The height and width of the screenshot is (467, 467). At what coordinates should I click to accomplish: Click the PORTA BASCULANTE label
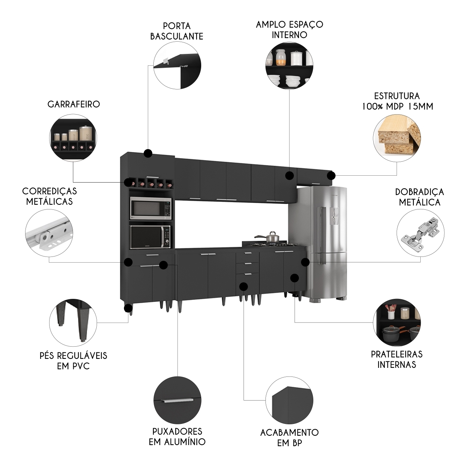coord(176,31)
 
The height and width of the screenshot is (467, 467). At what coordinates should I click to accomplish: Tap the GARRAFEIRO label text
coord(74,105)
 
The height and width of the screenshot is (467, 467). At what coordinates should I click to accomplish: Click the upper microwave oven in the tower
coord(151,209)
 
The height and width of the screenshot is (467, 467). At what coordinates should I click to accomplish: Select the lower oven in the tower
coord(151,237)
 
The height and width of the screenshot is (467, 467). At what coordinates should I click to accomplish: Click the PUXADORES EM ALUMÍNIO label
coord(177,436)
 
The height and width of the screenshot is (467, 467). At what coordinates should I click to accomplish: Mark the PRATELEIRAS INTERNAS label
coord(397,359)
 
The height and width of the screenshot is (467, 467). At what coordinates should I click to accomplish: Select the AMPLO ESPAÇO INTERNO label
coord(289,29)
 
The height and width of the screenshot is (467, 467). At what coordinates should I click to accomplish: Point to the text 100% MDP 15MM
coord(397,106)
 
